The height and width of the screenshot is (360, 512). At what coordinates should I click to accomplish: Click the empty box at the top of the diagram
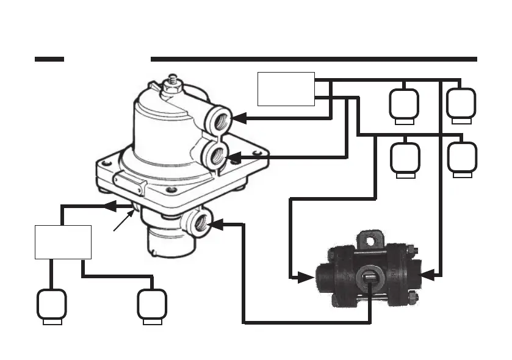[286, 89]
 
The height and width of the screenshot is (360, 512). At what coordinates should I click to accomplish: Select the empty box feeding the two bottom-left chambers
[62, 242]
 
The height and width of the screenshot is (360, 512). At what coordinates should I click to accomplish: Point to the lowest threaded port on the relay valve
[200, 225]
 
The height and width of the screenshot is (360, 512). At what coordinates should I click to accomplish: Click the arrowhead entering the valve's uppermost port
[240, 118]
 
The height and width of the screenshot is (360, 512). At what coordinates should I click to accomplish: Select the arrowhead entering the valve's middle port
[235, 157]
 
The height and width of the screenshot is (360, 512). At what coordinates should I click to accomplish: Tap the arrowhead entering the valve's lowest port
[215, 224]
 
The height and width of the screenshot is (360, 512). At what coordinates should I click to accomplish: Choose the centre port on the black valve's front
[370, 278]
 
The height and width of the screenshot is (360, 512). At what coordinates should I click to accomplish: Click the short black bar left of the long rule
[49, 59]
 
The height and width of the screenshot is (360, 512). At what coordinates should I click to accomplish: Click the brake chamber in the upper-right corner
[461, 103]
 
